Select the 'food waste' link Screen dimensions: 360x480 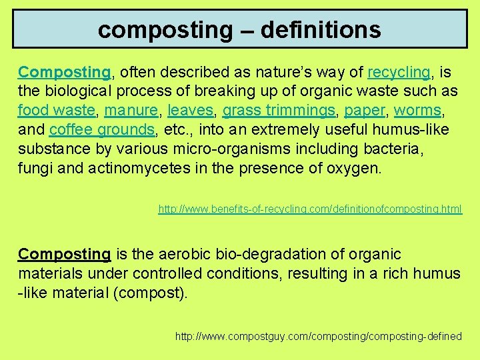click(56, 109)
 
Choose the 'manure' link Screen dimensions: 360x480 click(131, 109)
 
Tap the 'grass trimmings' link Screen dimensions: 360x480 click(279, 109)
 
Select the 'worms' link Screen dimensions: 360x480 click(417, 109)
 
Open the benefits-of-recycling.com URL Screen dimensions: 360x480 click(309, 209)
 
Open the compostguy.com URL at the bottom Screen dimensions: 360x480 click(318, 336)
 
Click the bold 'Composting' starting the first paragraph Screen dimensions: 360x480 click(64, 71)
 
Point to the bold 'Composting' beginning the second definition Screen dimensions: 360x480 click(64, 254)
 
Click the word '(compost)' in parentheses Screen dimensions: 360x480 click(152, 293)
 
